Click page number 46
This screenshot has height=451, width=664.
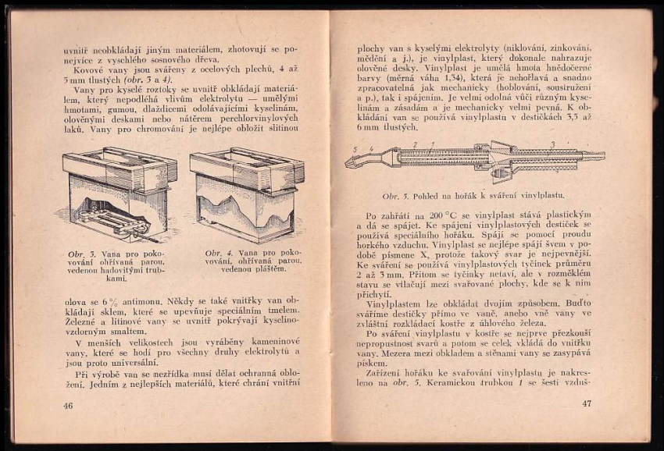pos(68,406)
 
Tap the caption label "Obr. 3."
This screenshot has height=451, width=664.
pos(80,254)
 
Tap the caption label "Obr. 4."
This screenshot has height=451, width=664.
pos(218,253)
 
